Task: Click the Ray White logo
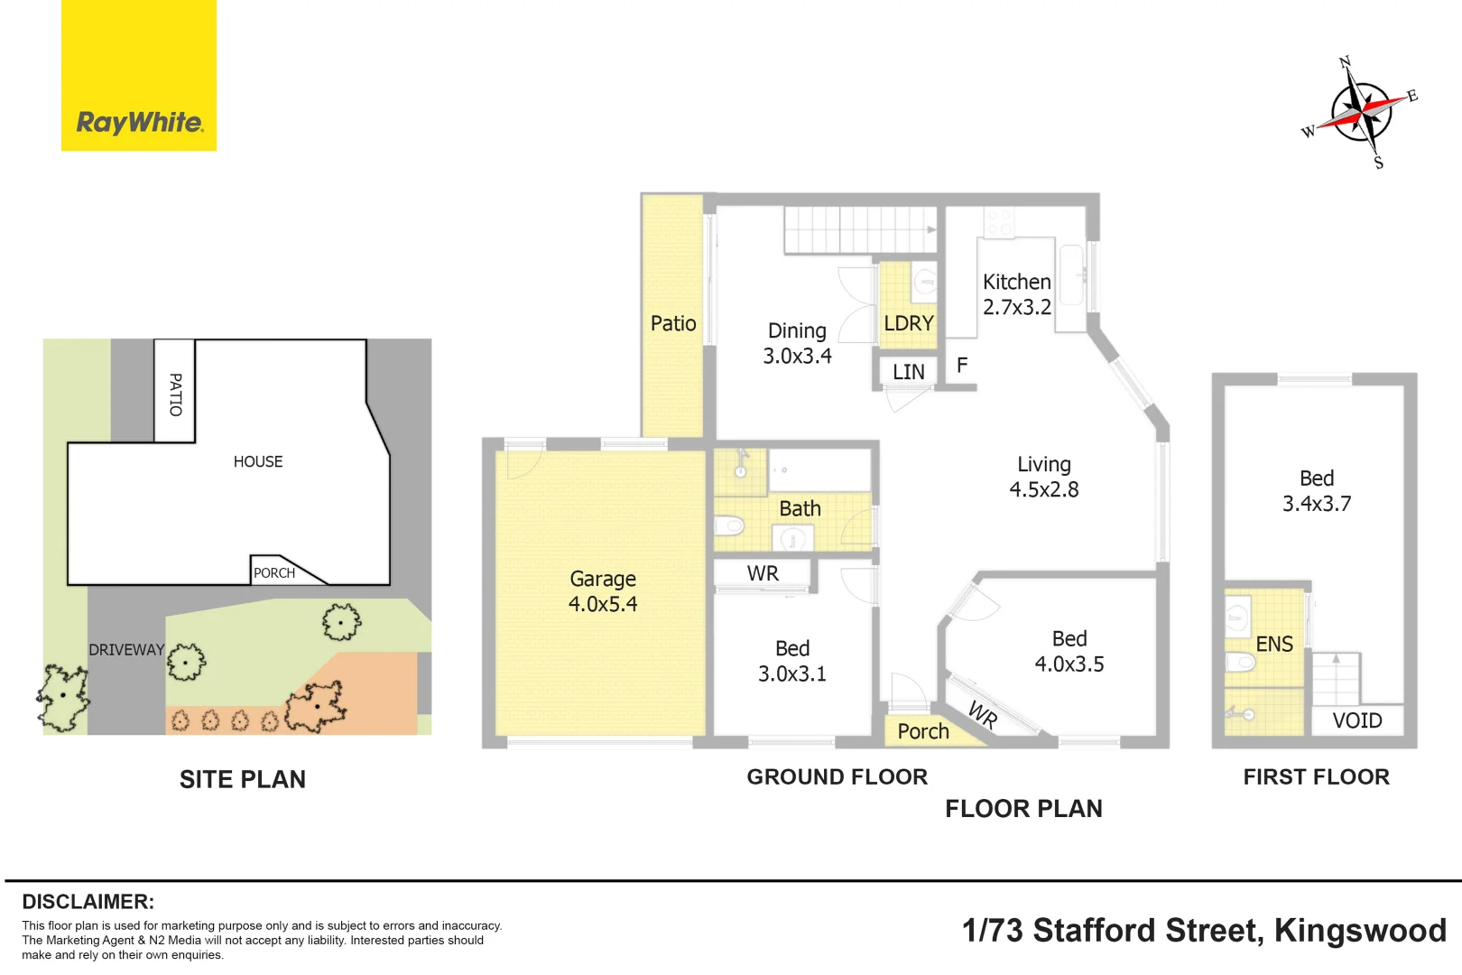tap(139, 75)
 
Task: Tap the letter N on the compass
tap(1345, 62)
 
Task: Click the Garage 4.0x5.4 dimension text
tap(603, 604)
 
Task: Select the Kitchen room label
tap(1017, 282)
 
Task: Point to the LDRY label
tap(909, 323)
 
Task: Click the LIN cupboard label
tap(909, 372)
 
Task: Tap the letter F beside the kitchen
tap(962, 365)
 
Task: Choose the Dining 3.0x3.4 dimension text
tap(798, 356)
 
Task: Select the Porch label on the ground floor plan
tap(923, 732)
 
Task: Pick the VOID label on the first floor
tap(1357, 721)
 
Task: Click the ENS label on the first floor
tap(1274, 645)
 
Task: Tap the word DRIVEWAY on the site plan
tap(126, 650)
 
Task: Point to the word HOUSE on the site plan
tap(258, 461)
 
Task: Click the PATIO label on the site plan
tap(176, 395)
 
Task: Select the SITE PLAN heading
tap(243, 779)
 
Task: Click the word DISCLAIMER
tap(88, 902)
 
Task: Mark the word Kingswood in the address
tap(1360, 931)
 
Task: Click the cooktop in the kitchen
tap(999, 222)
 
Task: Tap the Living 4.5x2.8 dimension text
tap(1043, 489)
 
